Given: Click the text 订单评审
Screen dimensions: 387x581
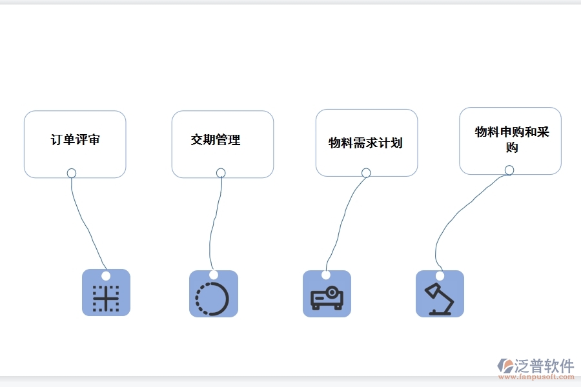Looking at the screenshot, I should (x=76, y=140).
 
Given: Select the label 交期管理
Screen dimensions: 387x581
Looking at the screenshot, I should (x=216, y=139).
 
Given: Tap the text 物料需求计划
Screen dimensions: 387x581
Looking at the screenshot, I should (x=365, y=143).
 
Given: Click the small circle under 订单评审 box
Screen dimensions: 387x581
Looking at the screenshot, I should (x=72, y=173).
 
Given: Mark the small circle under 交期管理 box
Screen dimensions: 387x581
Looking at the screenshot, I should (x=221, y=173).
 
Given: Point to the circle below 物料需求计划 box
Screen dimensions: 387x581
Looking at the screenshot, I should (x=366, y=173).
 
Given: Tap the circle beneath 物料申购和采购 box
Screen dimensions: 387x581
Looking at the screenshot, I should (x=509, y=170).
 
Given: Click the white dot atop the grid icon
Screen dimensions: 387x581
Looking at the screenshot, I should (x=106, y=275).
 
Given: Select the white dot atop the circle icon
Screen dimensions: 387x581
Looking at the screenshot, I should (x=213, y=275).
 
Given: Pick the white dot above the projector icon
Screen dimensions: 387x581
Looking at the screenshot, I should (x=327, y=275).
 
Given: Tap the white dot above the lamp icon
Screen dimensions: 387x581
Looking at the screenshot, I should (x=440, y=275).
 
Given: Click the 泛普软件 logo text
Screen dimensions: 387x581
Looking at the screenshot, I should (x=544, y=366).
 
